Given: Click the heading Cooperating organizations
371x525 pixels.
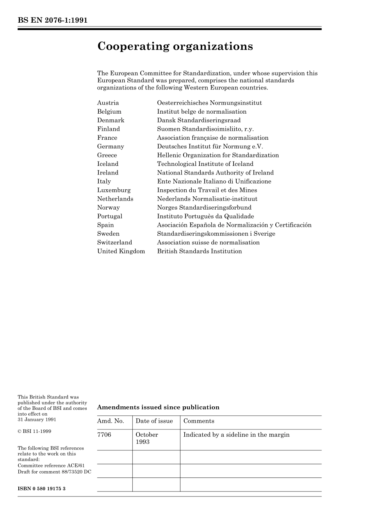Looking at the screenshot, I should click(175, 46).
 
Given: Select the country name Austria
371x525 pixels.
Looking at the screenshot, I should click(108, 103).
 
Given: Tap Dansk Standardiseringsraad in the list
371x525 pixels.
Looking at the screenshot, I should click(199, 120).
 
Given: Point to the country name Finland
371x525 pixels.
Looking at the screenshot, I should click(109, 129).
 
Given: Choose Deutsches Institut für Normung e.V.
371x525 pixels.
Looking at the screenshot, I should click(210, 146).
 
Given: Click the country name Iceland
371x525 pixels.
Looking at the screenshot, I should click(108, 164).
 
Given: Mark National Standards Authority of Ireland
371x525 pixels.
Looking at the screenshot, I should click(215, 173).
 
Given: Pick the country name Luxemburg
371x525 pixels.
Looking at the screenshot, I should click(114, 190).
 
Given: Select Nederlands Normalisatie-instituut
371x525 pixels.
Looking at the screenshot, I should click(207, 199).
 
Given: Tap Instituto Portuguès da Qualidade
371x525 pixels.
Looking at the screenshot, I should click(205, 216).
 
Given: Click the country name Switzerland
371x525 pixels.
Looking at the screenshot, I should click(115, 242).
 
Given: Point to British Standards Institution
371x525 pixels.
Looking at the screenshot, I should click(199, 251).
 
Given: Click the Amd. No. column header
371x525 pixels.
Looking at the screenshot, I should click(111, 421).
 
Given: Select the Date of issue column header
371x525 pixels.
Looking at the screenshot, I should click(154, 421).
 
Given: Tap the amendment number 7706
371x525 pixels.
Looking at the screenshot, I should click(104, 435).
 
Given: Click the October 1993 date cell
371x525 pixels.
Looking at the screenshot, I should click(147, 438).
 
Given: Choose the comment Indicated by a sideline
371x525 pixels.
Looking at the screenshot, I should click(236, 435).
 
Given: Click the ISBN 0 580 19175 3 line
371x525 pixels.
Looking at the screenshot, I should click(41, 489).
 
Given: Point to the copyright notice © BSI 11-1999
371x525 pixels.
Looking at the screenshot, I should click(34, 431).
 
